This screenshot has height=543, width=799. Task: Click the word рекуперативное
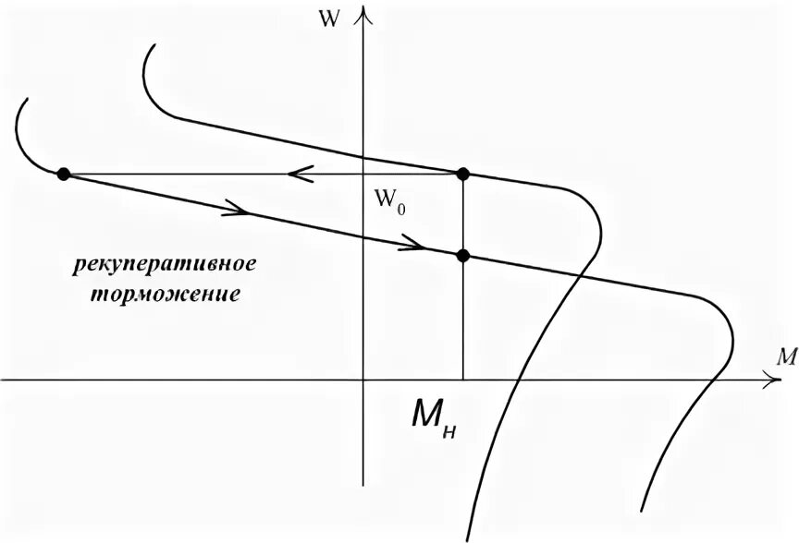tap(165, 266)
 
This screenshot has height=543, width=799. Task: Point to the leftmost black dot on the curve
tap(63, 174)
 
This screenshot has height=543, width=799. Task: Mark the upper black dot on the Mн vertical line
tap(463, 174)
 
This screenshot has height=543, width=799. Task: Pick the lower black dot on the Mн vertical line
tap(463, 256)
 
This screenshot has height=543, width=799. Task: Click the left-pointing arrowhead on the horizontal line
tap(296, 174)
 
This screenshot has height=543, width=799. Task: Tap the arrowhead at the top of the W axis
tap(367, 13)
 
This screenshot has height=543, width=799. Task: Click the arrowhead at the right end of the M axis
tap(773, 379)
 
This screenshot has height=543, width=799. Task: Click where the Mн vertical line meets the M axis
tap(463, 379)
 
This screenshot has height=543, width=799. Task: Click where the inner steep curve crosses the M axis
tap(519, 379)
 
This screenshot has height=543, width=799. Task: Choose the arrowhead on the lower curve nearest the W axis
tap(413, 245)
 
